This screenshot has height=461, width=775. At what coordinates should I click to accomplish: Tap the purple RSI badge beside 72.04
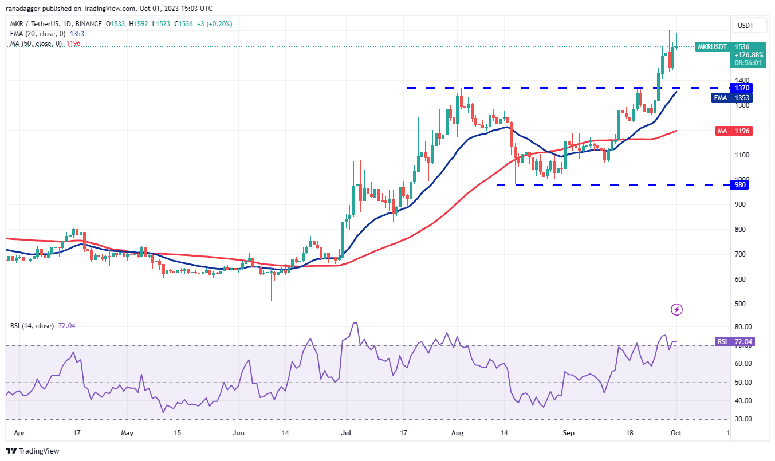click(721, 342)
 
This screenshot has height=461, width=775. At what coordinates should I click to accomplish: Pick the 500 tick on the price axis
click(742, 304)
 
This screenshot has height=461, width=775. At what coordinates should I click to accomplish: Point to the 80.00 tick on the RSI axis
click(743, 327)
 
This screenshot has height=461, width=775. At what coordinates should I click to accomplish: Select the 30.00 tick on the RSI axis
click(743, 419)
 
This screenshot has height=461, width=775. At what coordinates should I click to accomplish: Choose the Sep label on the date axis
click(568, 434)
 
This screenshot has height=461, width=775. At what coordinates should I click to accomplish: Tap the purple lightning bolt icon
click(676, 310)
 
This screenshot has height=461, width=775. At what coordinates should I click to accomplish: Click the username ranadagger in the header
click(27, 9)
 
